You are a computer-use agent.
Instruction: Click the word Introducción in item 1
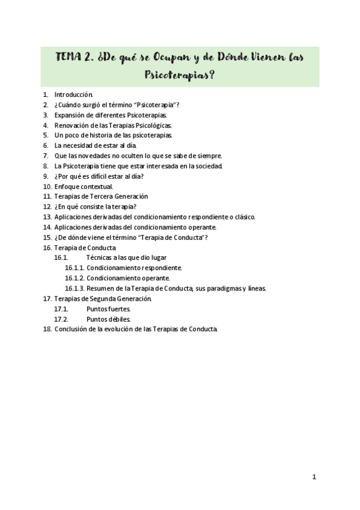click(x=73, y=94)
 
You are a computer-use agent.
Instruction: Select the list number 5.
click(x=46, y=135)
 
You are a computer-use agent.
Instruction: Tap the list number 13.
click(x=47, y=217)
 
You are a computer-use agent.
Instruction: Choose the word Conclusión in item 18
click(x=72, y=329)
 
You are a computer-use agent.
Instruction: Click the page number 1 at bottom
click(x=314, y=477)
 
